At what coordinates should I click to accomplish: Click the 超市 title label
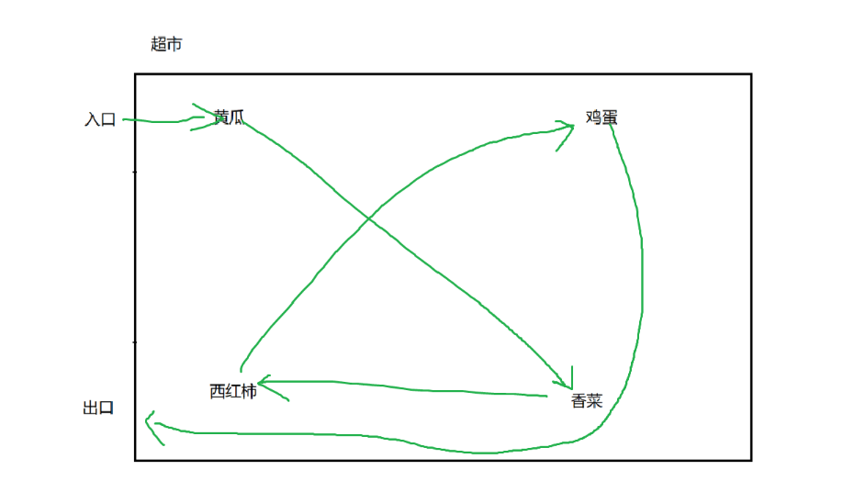point(166,44)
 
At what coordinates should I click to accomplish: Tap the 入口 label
point(100,119)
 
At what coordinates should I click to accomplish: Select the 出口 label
point(98,408)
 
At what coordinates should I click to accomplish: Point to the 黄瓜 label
point(229,117)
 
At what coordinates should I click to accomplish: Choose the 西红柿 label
point(232,391)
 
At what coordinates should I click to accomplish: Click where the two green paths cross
point(368,218)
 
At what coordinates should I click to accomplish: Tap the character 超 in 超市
point(159,44)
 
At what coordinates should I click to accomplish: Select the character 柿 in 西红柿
point(248,391)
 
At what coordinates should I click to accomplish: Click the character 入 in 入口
point(92,119)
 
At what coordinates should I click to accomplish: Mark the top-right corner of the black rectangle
point(751,74)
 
